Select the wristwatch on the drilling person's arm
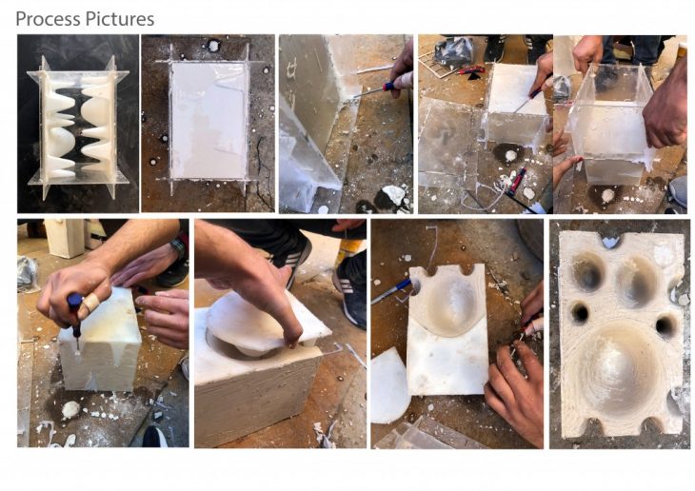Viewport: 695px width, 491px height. pyautogui.click(x=178, y=247)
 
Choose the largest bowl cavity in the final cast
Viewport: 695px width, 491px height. pyautogui.click(x=618, y=368)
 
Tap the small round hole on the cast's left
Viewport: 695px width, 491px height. pyautogui.click(x=579, y=313)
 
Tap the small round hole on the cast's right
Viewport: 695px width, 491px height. pyautogui.click(x=665, y=325)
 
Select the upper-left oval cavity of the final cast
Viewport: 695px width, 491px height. pyautogui.click(x=588, y=271)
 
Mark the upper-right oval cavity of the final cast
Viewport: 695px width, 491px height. pyautogui.click(x=637, y=281)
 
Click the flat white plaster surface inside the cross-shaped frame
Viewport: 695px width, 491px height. pyautogui.click(x=208, y=120)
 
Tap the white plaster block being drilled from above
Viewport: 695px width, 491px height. pyautogui.click(x=101, y=340)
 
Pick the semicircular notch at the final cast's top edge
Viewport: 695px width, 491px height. pyautogui.click(x=611, y=241)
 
